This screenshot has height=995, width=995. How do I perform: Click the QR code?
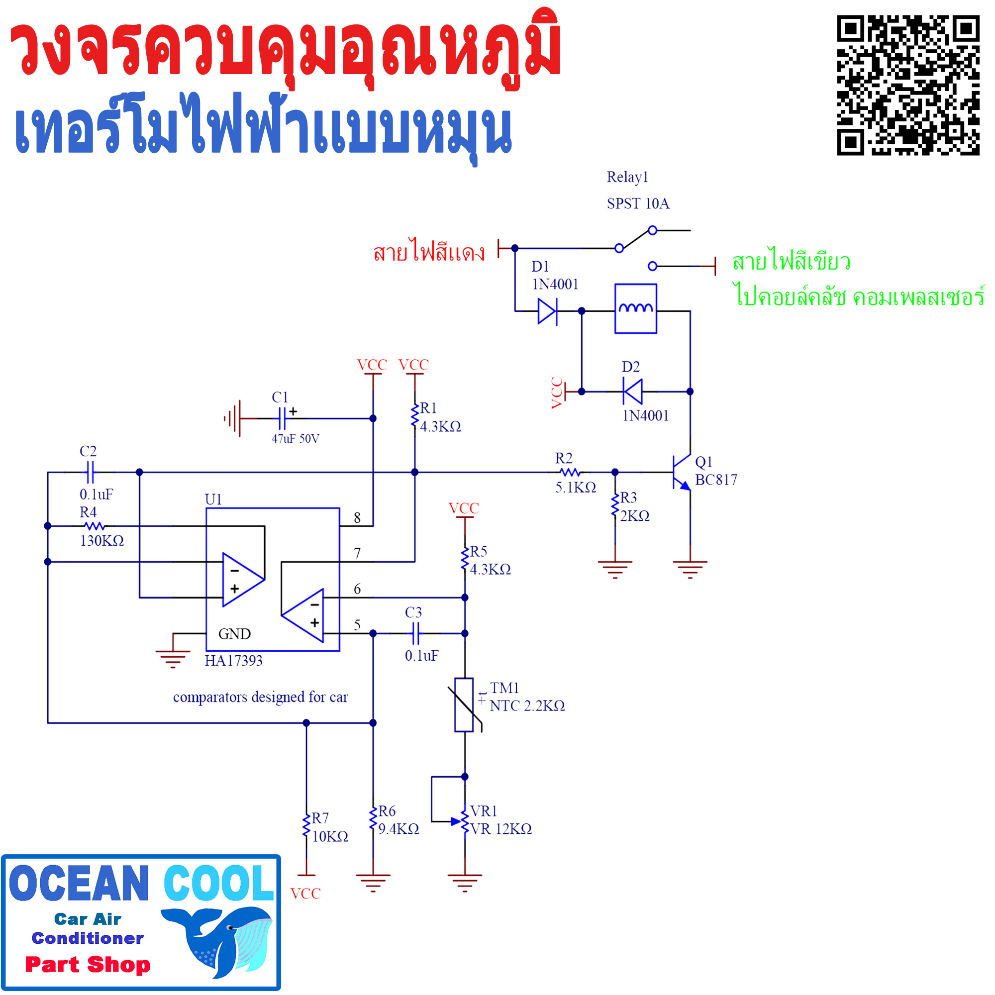pos(907,85)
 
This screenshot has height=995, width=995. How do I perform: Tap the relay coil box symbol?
pos(635,308)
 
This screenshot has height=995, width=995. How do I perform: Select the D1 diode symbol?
pos(547,311)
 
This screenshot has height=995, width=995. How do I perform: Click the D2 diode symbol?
pos(633,392)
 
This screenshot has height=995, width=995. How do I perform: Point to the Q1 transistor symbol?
pos(681,472)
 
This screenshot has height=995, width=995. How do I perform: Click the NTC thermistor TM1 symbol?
pos(464,705)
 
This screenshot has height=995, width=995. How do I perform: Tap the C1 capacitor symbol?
pos(282,418)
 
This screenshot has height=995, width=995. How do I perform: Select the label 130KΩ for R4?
pos(102,541)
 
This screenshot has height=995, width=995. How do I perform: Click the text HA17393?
pos(233,661)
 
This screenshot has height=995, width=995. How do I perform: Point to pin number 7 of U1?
pos(357,553)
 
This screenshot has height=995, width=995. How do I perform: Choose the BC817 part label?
pos(716,480)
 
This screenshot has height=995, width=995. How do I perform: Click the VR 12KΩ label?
pos(501,829)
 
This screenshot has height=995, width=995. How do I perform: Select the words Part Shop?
pos(88,965)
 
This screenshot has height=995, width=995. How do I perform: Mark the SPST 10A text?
pos(638,204)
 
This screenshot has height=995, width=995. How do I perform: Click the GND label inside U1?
pos(234,634)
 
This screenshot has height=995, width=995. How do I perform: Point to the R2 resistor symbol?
pos(570,472)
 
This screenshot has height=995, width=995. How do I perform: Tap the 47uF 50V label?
pos(295,439)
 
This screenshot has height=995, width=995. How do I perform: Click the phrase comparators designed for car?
pos(260,697)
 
